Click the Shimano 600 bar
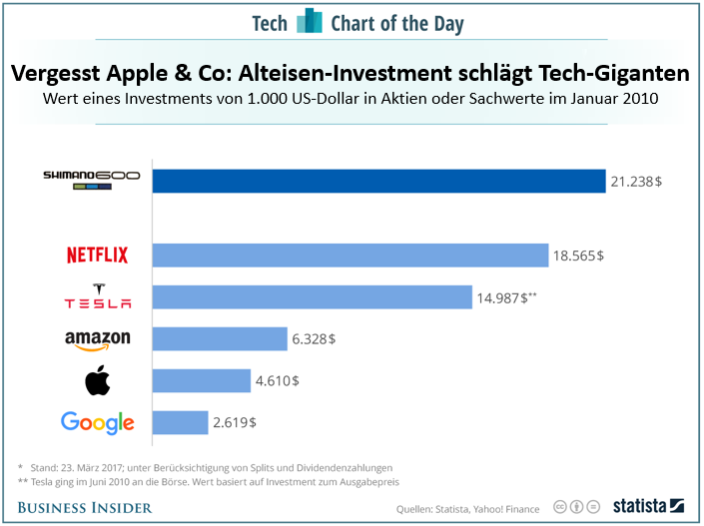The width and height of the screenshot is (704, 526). pos(378,181)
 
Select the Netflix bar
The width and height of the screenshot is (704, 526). pos(350,256)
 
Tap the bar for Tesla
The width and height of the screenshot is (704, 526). pos(312,297)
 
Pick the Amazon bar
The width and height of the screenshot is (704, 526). pos(222,339)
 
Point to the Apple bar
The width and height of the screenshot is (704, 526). pos(201,380)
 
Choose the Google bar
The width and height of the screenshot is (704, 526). pos(180,422)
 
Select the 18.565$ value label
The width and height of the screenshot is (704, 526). pos(579,256)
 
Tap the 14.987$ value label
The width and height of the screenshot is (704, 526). pos(505,297)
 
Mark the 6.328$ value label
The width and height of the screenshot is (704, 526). pos(314,339)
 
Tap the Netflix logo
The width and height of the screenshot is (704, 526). pos(97,256)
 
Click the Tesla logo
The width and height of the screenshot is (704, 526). pos(97,297)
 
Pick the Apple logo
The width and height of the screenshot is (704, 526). pos(97,380)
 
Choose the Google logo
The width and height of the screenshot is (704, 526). pos(97,422)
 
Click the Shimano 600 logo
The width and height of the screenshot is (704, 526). pos(91,179)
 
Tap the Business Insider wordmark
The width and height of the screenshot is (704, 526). pos(85,507)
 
